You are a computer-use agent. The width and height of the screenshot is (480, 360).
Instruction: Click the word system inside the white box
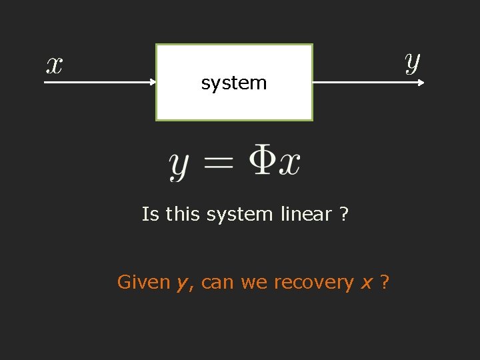pyautogui.click(x=233, y=83)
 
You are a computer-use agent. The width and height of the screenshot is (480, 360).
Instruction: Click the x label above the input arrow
pyautogui.click(x=54, y=65)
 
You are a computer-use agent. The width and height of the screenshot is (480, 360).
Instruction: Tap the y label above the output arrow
pyautogui.click(x=413, y=63)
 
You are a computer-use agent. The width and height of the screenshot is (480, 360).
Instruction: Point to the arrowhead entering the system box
pyautogui.click(x=152, y=83)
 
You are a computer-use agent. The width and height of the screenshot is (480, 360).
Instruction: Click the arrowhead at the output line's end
pyautogui.click(x=421, y=83)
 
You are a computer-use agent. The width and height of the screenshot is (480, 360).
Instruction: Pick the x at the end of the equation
pyautogui.click(x=289, y=163)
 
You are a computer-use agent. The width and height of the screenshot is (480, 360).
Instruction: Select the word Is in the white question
pyautogui.click(x=150, y=215)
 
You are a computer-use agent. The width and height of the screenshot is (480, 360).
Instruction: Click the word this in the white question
pyautogui.click(x=183, y=215)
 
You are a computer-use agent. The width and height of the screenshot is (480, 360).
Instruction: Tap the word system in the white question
pyautogui.click(x=239, y=215)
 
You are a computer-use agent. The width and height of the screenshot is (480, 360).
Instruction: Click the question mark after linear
pyautogui.click(x=344, y=215)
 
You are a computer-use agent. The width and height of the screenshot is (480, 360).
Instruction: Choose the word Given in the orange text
pyautogui.click(x=143, y=283)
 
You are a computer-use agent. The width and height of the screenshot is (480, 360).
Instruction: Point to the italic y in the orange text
pyautogui.click(x=182, y=285)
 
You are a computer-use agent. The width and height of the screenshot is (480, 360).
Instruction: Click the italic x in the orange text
pyautogui.click(x=366, y=283)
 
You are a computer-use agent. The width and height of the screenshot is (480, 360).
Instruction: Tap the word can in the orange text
pyautogui.click(x=218, y=283)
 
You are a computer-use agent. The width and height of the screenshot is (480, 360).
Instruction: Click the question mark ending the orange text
pyautogui.click(x=385, y=283)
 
